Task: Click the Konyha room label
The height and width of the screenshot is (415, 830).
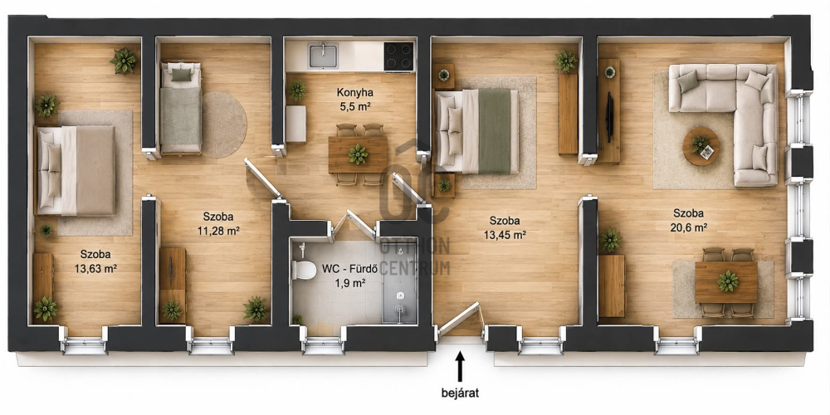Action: pyautogui.click(x=354, y=93)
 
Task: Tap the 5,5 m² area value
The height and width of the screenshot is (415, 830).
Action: pyautogui.click(x=354, y=106)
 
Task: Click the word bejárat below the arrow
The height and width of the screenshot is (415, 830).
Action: pyautogui.click(x=461, y=393)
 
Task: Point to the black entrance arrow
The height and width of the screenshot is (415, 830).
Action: pyautogui.click(x=461, y=366)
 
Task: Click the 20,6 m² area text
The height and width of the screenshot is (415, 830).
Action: pyautogui.click(x=688, y=228)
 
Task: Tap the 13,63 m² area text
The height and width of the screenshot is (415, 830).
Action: pyautogui.click(x=95, y=268)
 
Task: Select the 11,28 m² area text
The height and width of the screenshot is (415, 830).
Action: pyautogui.click(x=218, y=231)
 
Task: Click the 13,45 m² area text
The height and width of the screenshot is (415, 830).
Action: pyautogui.click(x=505, y=235)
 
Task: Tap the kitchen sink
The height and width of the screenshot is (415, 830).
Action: pyautogui.click(x=324, y=56)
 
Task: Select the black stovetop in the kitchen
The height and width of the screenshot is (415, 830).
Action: pyautogui.click(x=398, y=56)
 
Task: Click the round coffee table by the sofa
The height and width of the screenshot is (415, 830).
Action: pyautogui.click(x=701, y=146)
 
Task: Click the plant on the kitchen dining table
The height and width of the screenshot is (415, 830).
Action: pyautogui.click(x=359, y=154)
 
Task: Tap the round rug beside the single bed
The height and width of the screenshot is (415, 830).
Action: pyautogui.click(x=224, y=125)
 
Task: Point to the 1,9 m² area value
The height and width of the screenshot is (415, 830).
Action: pyautogui.click(x=350, y=283)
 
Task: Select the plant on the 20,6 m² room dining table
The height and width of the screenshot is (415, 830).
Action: pyautogui.click(x=728, y=281)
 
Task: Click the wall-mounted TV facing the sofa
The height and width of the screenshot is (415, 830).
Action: pyautogui.click(x=610, y=117)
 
